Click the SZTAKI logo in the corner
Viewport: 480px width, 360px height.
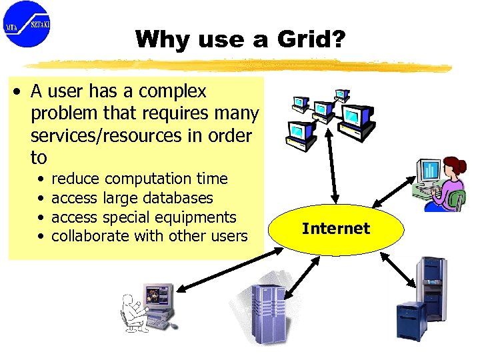[x=27, y=24]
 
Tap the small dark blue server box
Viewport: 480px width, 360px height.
[x=411, y=321]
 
